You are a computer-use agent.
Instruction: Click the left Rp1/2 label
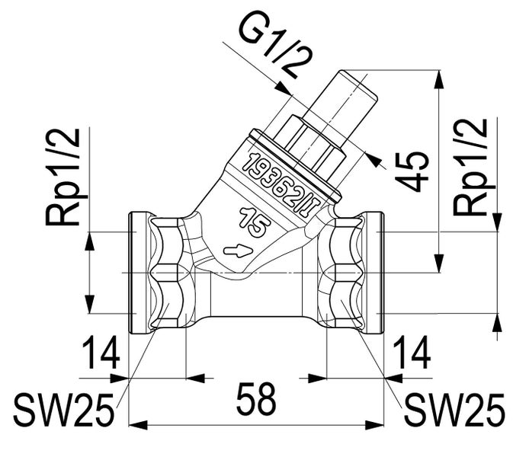tap(63, 177)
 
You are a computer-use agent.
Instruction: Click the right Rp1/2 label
tap(470, 167)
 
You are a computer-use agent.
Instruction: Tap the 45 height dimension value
tap(412, 171)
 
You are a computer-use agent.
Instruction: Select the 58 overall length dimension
tap(256, 399)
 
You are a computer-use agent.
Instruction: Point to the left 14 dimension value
tap(101, 353)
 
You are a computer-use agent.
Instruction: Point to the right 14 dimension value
tap(412, 353)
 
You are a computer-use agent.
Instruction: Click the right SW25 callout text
tap(455, 409)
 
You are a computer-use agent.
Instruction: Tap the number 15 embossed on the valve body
tap(255, 222)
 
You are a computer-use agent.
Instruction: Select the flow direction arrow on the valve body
tap(238, 251)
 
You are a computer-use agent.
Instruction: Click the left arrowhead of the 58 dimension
tap(138, 425)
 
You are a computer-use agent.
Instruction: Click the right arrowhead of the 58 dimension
tap(374, 425)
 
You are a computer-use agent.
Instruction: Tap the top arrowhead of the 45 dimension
tap(439, 79)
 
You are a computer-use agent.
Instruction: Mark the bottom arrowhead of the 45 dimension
tap(439, 263)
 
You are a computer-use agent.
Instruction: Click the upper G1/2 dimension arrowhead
tap(284, 88)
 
